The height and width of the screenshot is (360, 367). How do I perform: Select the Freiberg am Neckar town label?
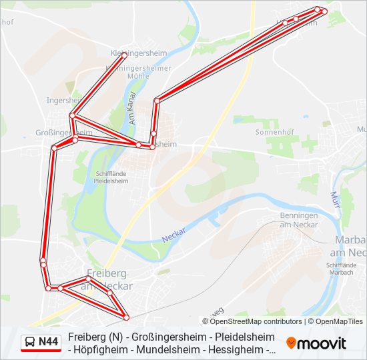click(107, 279)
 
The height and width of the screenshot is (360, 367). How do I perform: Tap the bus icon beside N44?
click(30, 342)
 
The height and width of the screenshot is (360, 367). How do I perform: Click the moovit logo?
click(316, 343)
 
